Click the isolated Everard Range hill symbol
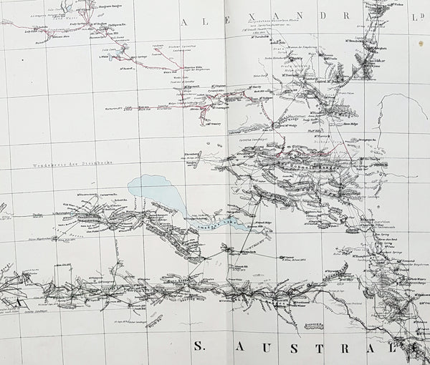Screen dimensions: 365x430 pyautogui.click(x=313, y=324)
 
